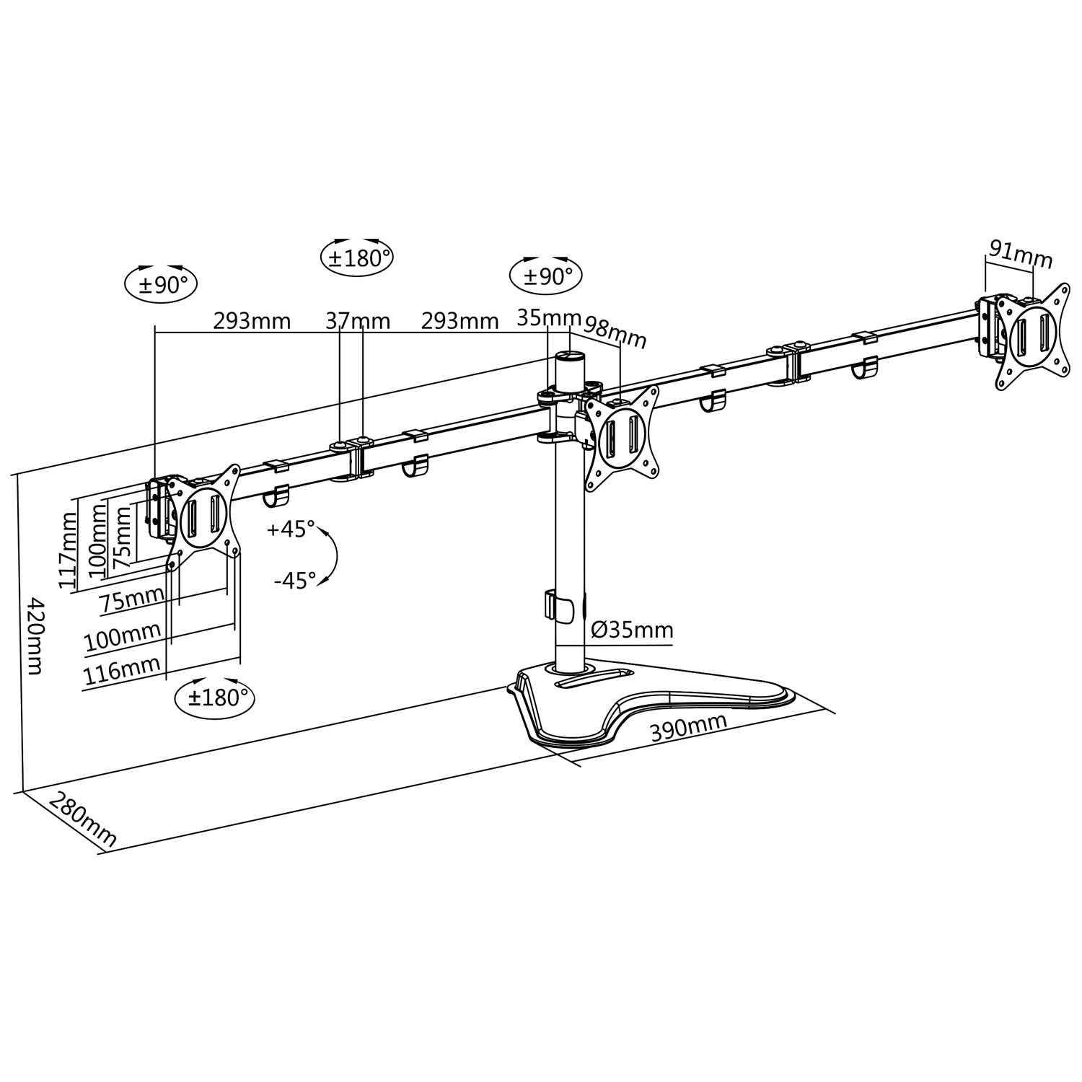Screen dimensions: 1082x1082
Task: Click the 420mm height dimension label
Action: [x=34, y=634]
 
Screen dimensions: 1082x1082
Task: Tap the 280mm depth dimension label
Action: [x=82, y=818]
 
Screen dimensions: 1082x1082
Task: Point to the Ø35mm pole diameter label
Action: [x=632, y=630]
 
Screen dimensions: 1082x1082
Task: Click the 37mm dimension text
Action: [x=357, y=320]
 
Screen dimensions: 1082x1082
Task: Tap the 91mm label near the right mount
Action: [x=1020, y=254]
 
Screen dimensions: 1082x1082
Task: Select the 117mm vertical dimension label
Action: [x=69, y=550]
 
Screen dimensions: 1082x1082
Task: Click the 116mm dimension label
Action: [x=122, y=672]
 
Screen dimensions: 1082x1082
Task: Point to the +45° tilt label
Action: [x=291, y=529]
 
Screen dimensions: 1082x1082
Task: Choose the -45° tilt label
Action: [x=294, y=580]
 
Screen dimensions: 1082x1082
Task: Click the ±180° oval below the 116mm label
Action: [x=214, y=698]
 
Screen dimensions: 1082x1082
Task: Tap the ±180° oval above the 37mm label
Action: [x=356, y=258]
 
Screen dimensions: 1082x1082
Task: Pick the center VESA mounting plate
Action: [x=622, y=437]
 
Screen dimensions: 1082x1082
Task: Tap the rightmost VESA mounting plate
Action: [x=1032, y=335]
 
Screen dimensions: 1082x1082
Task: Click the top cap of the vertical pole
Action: [x=569, y=356]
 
